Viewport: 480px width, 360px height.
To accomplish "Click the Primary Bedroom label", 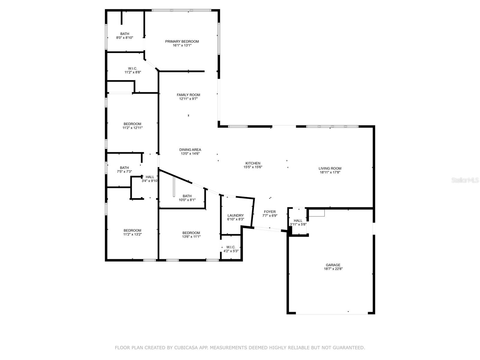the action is click(x=182, y=41).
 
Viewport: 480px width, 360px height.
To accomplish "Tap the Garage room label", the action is click(x=333, y=265).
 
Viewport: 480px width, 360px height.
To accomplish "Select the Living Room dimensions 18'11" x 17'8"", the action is click(x=330, y=172).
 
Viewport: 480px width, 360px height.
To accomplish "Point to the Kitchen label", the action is click(x=253, y=163).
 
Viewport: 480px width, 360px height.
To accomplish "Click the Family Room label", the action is click(x=188, y=94).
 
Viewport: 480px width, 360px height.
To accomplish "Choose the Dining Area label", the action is click(x=190, y=149).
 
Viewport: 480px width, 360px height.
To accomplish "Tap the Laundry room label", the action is click(x=235, y=215).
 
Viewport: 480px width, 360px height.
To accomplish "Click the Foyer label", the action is click(x=270, y=211).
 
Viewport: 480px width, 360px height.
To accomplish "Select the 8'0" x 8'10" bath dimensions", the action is click(x=124, y=37).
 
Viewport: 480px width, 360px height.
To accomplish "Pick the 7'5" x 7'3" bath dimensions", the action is click(x=124, y=172).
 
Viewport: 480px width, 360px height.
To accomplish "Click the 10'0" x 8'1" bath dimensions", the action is click(x=187, y=200).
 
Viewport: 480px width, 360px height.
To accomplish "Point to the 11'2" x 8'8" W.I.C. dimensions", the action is click(x=133, y=72).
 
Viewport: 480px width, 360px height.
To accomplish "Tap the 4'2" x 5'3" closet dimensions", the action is click(x=231, y=251).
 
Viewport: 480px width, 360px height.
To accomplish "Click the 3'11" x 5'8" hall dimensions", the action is click(x=298, y=224).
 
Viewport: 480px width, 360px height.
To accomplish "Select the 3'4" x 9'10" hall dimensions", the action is click(x=150, y=181).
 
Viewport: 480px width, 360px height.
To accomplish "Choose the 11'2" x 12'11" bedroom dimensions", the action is click(x=132, y=128).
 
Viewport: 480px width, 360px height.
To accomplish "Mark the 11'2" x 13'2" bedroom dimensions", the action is click(x=132, y=234).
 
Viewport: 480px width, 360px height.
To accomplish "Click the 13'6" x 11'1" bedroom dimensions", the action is click(x=191, y=236).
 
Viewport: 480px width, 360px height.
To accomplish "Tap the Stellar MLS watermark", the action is click(x=465, y=180).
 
